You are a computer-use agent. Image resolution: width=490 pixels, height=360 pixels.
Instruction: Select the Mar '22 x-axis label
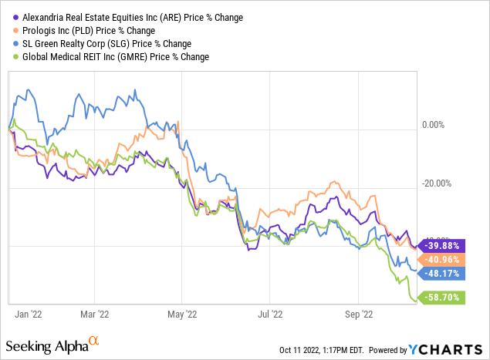93,314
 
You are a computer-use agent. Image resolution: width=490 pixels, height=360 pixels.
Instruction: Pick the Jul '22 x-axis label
270,314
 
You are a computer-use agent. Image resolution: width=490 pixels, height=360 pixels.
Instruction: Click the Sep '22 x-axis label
359,314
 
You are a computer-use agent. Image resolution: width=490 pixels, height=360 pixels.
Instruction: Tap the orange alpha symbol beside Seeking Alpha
94,340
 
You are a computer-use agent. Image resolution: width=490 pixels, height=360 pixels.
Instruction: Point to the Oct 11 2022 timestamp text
324,349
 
